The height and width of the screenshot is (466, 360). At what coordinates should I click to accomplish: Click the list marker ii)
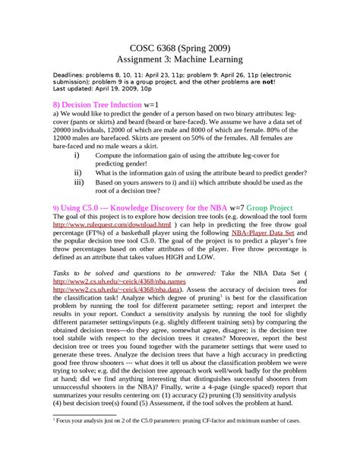[x=77, y=173]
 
